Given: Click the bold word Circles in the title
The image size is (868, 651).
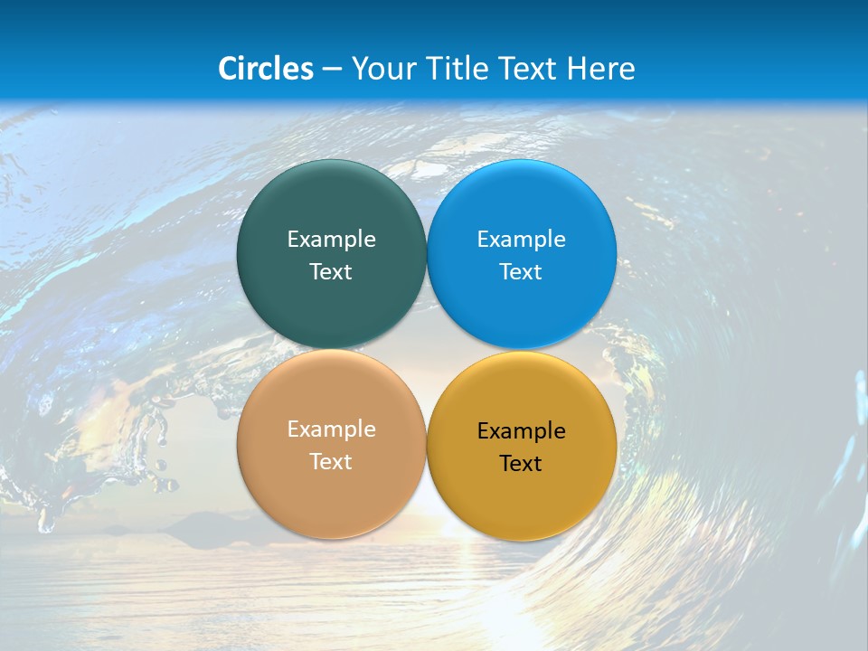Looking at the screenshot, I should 266,69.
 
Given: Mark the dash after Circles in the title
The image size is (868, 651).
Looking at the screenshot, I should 332,70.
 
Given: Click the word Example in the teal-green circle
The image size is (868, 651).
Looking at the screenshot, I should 331,240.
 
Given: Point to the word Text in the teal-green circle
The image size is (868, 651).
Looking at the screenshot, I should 331,272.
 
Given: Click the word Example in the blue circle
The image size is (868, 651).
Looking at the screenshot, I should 521,240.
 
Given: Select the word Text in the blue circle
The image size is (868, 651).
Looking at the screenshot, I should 521,272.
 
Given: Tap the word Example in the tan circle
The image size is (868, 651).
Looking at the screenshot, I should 331,429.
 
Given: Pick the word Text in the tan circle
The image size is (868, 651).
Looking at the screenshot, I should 331,462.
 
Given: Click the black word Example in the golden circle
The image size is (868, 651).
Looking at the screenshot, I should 521,431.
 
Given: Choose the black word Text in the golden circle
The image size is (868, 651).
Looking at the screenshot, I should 521,464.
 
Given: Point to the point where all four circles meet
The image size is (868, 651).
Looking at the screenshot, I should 427,349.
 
